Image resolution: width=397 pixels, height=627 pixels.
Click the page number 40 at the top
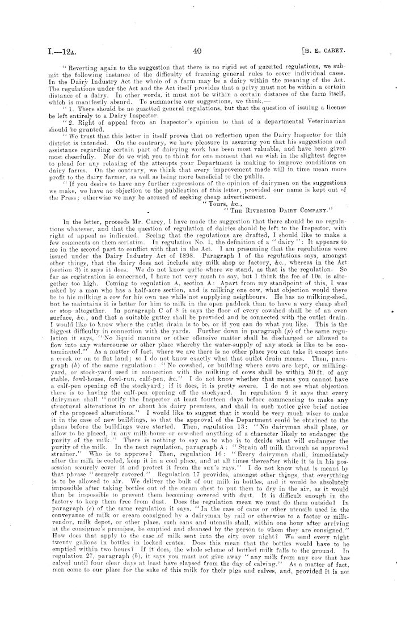coord(198,51)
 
